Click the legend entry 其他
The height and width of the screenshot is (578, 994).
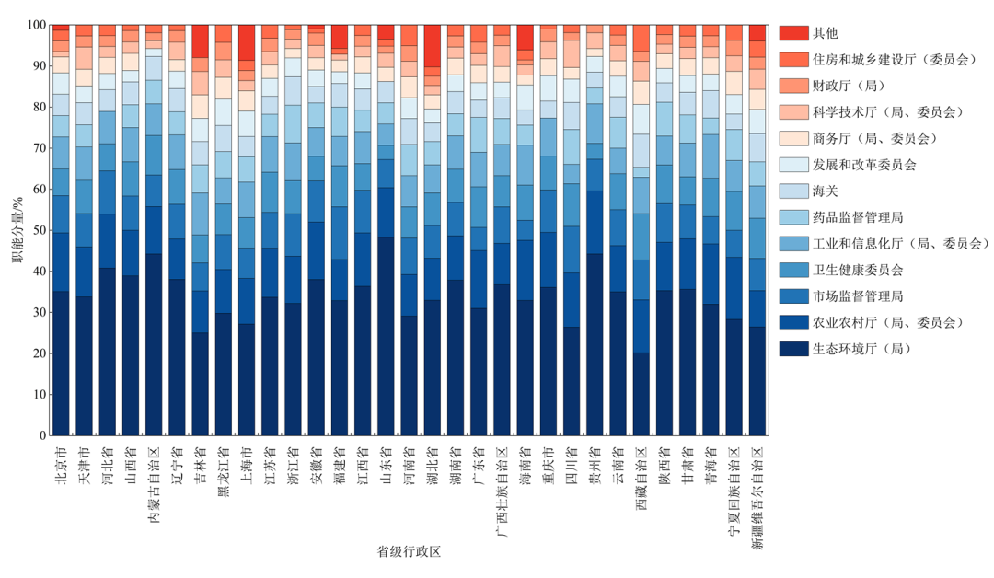pyautogui.click(x=825, y=33)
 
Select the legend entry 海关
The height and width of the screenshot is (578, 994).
pyautogui.click(x=825, y=191)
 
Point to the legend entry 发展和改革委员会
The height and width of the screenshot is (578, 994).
pyautogui.click(x=870, y=165)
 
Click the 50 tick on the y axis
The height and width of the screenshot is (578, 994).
pyautogui.click(x=38, y=231)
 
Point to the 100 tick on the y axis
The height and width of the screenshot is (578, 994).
pyautogui.click(x=35, y=26)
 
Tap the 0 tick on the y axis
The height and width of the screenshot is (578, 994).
pyautogui.click(x=41, y=435)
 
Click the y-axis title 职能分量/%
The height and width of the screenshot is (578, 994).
pyautogui.click(x=17, y=230)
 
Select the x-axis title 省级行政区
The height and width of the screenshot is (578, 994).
pyautogui.click(x=409, y=551)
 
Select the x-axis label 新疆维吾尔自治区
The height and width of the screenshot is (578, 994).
pyautogui.click(x=757, y=497)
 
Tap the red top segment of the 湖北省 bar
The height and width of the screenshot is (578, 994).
pyautogui.click(x=433, y=46)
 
